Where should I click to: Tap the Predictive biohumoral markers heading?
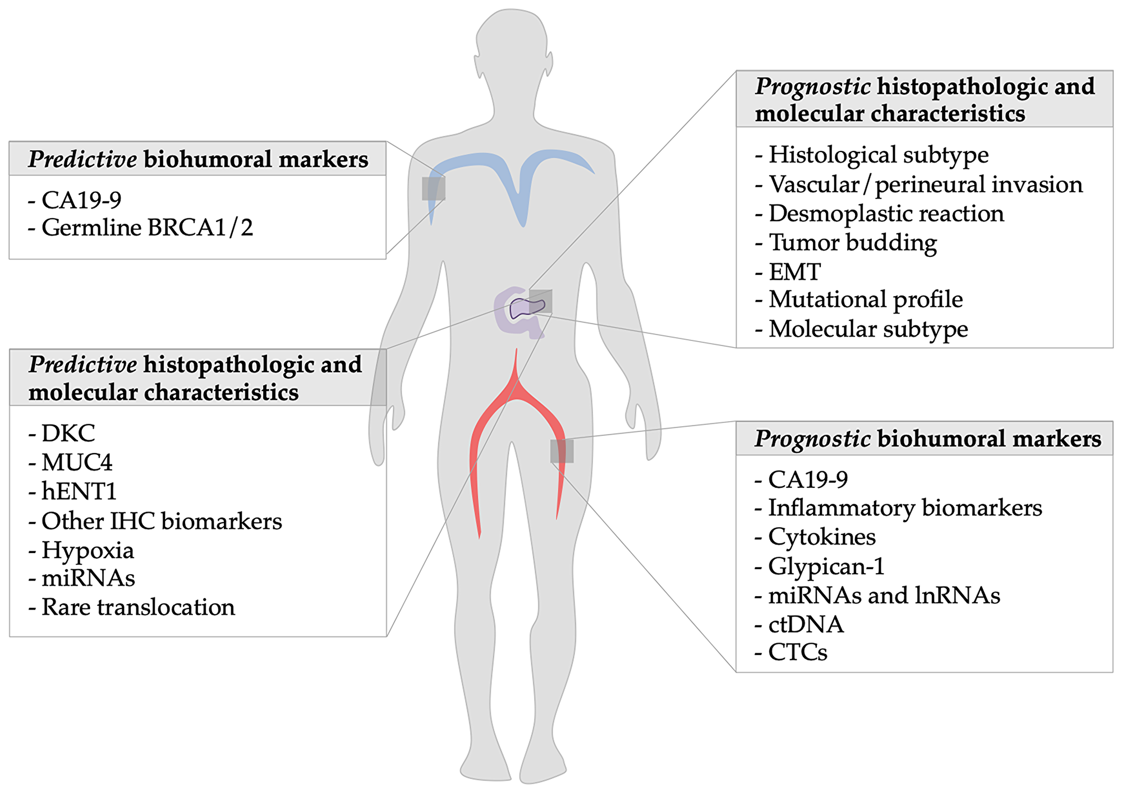pyautogui.click(x=198, y=159)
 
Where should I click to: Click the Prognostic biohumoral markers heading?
pyautogui.click(x=927, y=439)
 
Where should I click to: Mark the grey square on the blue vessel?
pyautogui.click(x=434, y=188)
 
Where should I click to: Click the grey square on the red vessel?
pyautogui.click(x=562, y=451)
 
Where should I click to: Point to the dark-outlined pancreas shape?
pyautogui.click(x=526, y=308)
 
